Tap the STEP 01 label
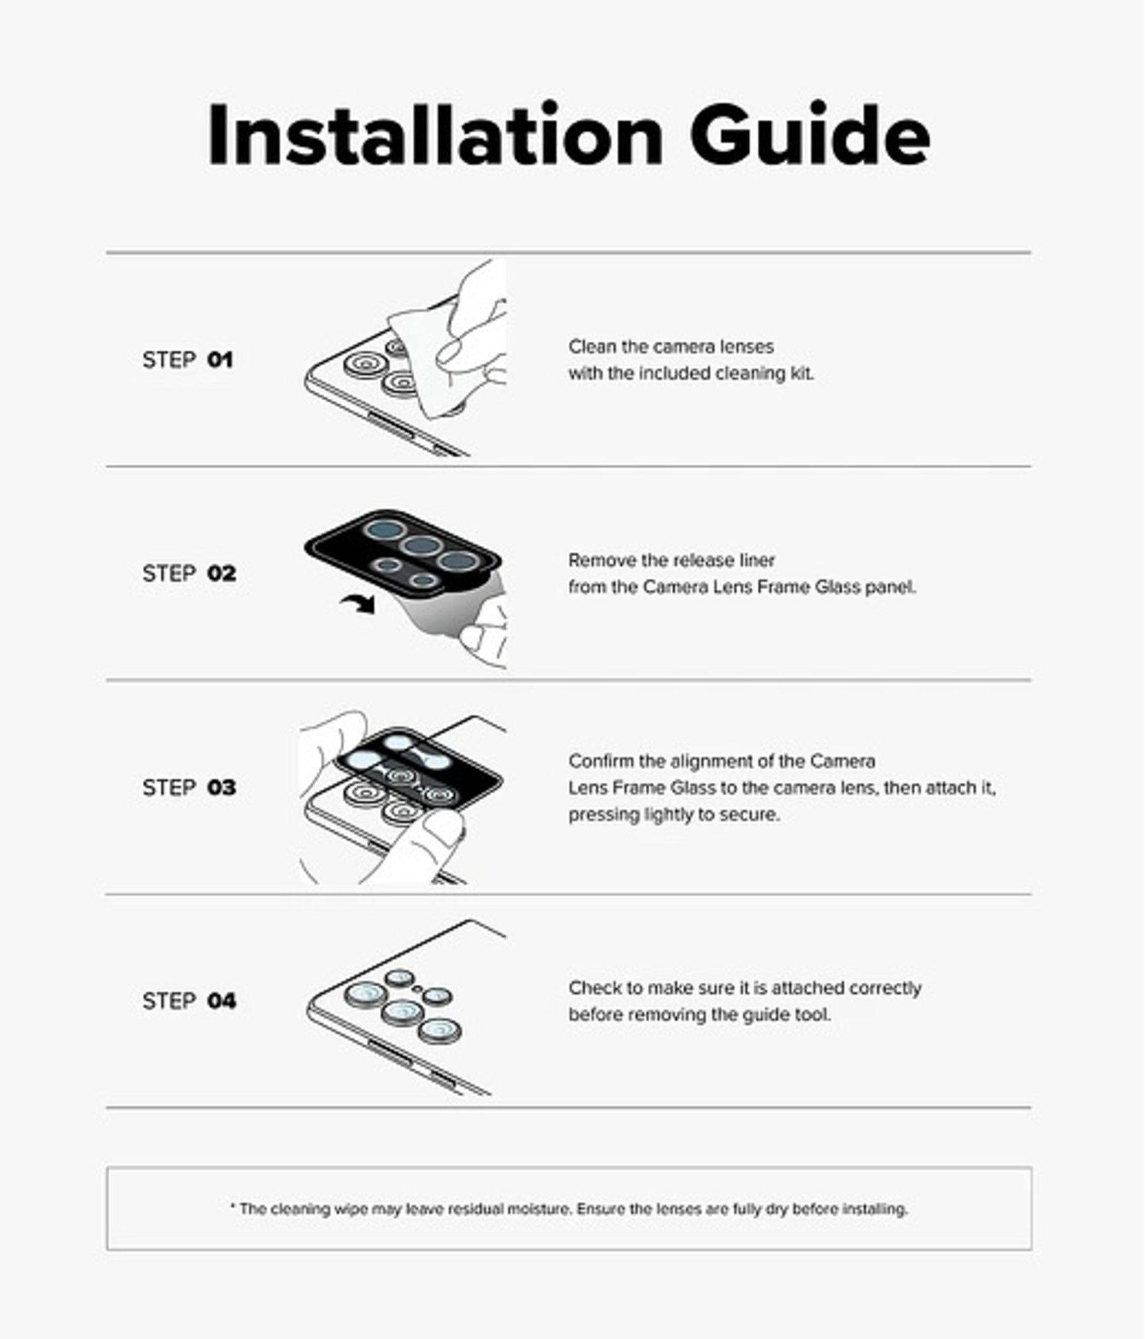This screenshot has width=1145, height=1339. click(x=187, y=360)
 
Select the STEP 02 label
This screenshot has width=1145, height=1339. click(x=188, y=573)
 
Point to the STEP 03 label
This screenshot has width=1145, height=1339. click(x=188, y=787)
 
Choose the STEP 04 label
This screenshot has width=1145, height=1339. click(x=188, y=1001)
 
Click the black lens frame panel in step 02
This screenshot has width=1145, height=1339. click(x=403, y=553)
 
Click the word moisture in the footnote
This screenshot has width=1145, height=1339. click(x=540, y=1209)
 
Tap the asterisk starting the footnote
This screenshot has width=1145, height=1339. click(x=233, y=1206)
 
